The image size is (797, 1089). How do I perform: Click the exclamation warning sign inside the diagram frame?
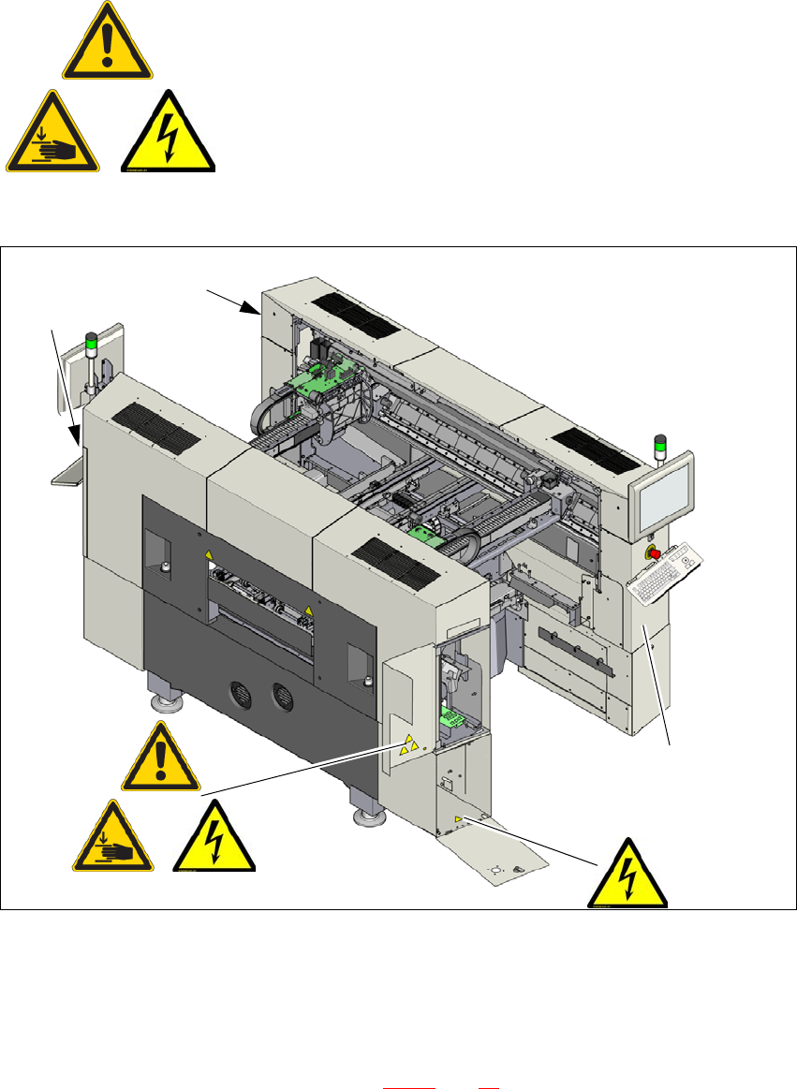tap(160, 758)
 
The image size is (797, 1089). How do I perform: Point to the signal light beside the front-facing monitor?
tap(659, 449)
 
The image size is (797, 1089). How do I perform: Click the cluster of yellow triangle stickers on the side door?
tap(408, 745)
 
